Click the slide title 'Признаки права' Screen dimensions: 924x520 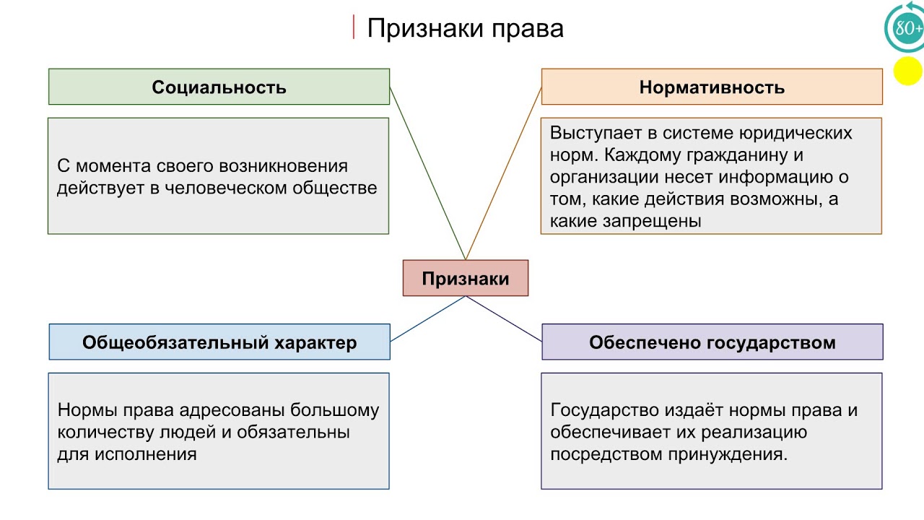point(465,28)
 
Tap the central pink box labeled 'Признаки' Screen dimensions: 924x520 point(466,279)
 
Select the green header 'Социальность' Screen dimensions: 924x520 point(219,87)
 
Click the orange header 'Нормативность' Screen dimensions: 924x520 point(712,87)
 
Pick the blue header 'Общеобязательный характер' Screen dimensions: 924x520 point(219,342)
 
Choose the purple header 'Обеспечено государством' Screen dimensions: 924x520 point(712,342)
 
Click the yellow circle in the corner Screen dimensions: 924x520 point(907,71)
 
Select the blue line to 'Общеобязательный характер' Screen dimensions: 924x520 point(427,318)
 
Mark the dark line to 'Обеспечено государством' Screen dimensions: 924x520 point(504,318)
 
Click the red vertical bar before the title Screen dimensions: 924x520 point(354,27)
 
